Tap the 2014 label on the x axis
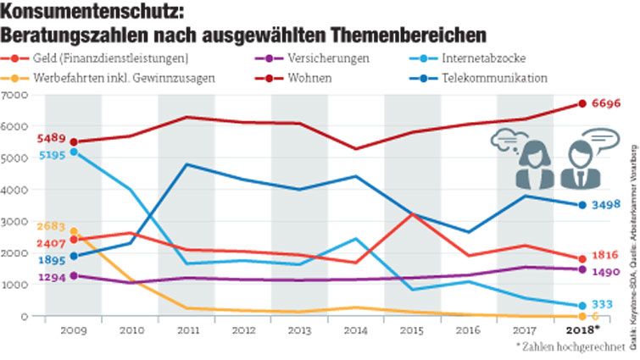(x=355, y=330)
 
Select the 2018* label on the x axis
(x=582, y=330)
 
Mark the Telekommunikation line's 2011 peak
(x=186, y=164)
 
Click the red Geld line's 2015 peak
(x=412, y=214)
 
